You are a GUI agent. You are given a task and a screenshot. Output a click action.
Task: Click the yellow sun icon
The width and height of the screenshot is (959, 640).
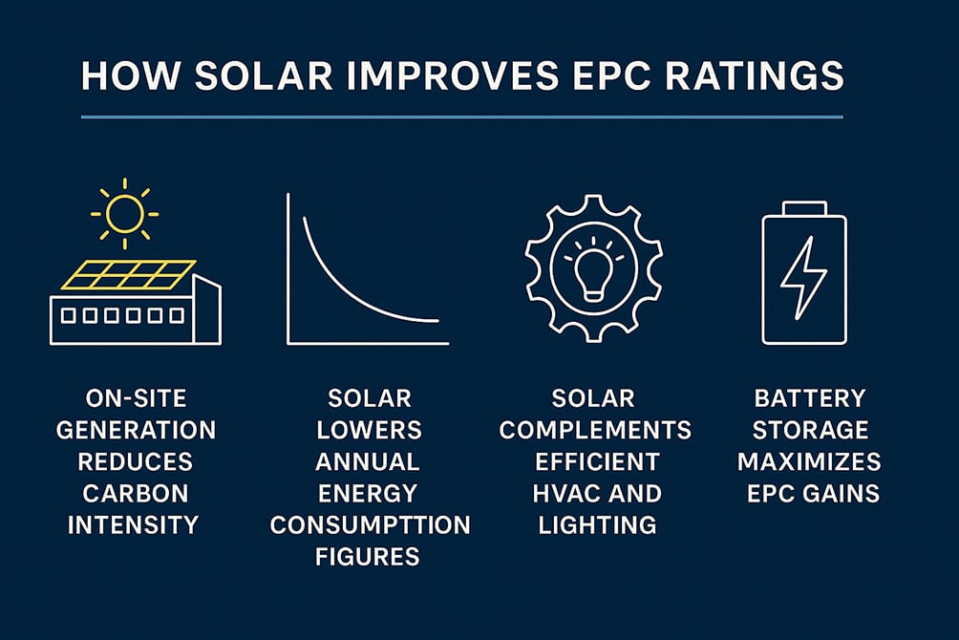click(x=124, y=213)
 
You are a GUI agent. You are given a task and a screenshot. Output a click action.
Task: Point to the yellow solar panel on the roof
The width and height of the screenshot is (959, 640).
click(x=127, y=275)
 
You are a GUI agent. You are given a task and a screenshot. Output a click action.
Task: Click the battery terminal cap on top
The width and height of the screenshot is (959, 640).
click(x=803, y=208)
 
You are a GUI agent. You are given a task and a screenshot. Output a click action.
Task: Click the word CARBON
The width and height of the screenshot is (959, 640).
click(x=135, y=493)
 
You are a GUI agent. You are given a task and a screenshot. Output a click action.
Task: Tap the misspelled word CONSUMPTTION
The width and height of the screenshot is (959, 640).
click(x=370, y=524)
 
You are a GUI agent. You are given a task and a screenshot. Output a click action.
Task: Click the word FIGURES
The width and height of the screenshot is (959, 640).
click(x=368, y=556)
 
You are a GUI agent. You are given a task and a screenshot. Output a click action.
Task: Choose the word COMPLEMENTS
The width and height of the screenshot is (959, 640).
click(x=596, y=430)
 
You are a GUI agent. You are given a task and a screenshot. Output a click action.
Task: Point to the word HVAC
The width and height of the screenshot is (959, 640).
click(x=564, y=493)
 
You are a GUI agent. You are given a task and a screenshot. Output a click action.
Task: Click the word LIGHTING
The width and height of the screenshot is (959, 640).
click(x=597, y=524)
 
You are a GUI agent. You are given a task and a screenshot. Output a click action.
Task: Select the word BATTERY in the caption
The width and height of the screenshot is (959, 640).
click(x=809, y=398)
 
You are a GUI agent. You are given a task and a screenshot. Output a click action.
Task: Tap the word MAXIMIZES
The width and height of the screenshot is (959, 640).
click(x=809, y=461)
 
